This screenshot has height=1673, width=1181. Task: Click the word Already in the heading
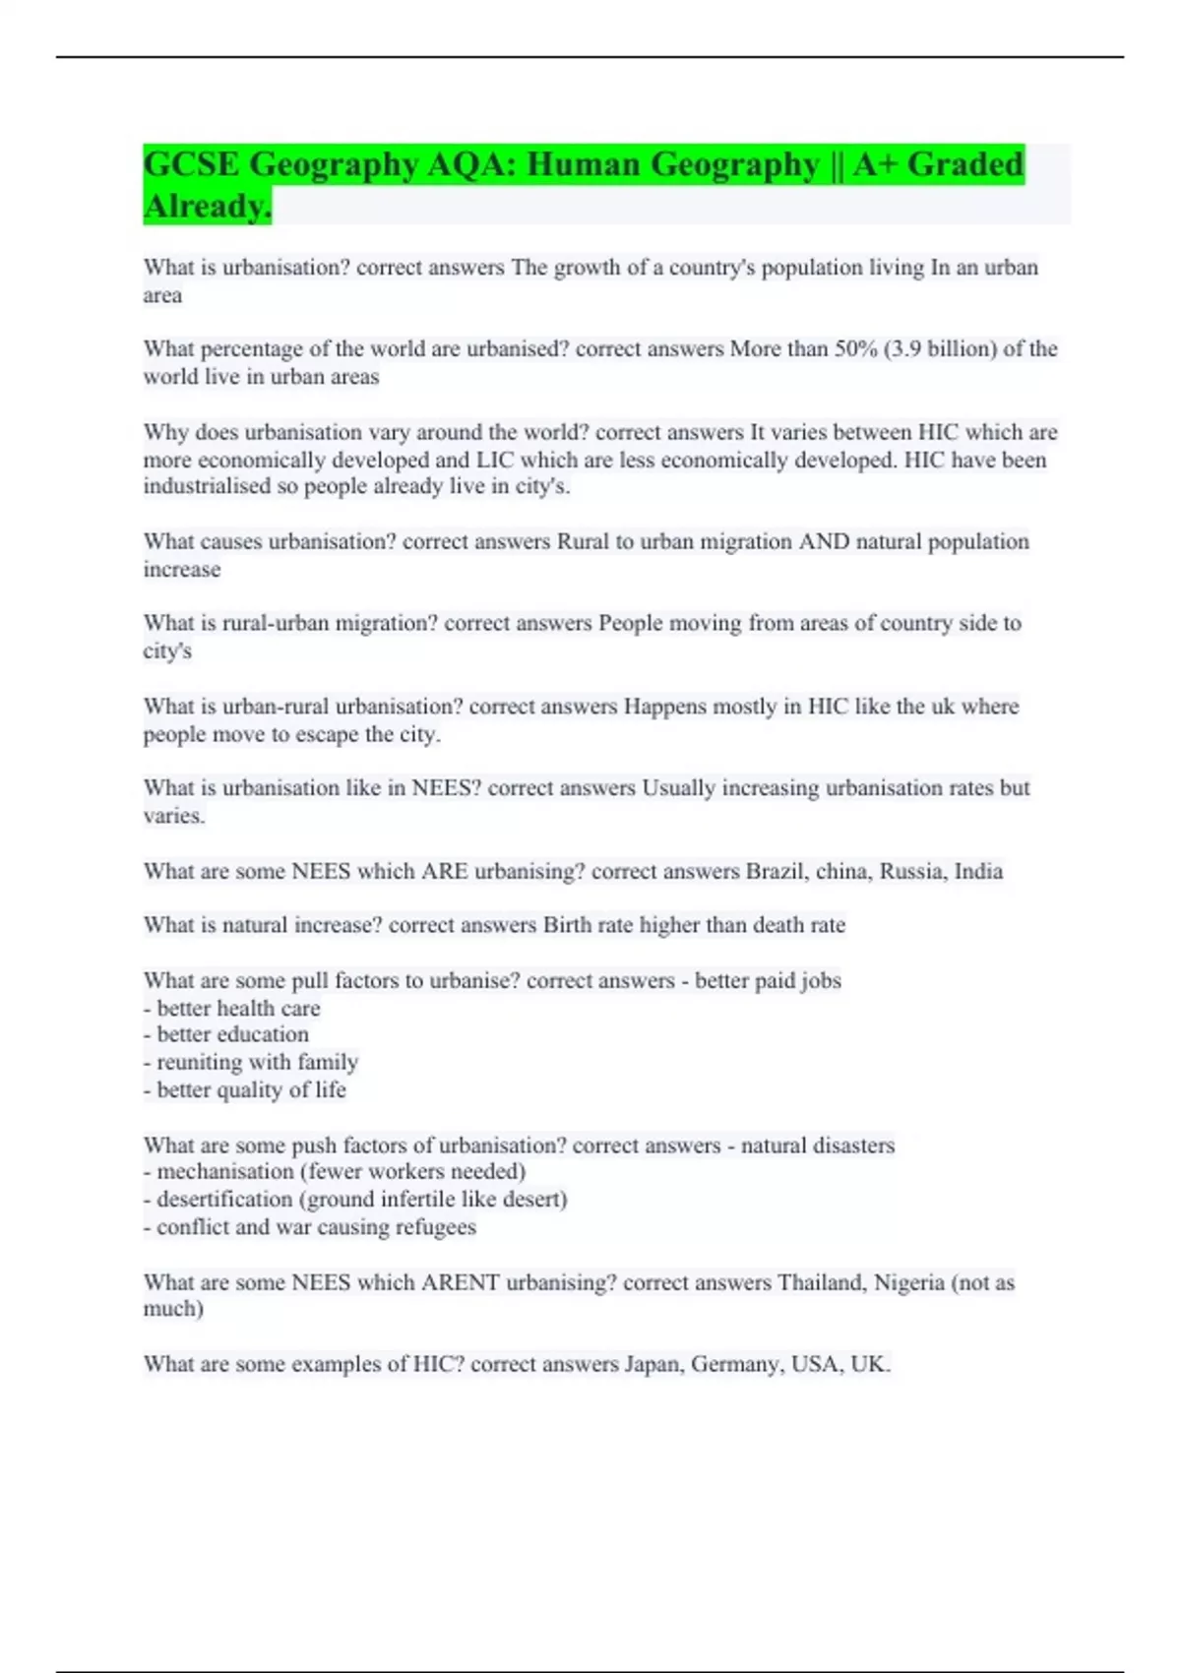point(205,206)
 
